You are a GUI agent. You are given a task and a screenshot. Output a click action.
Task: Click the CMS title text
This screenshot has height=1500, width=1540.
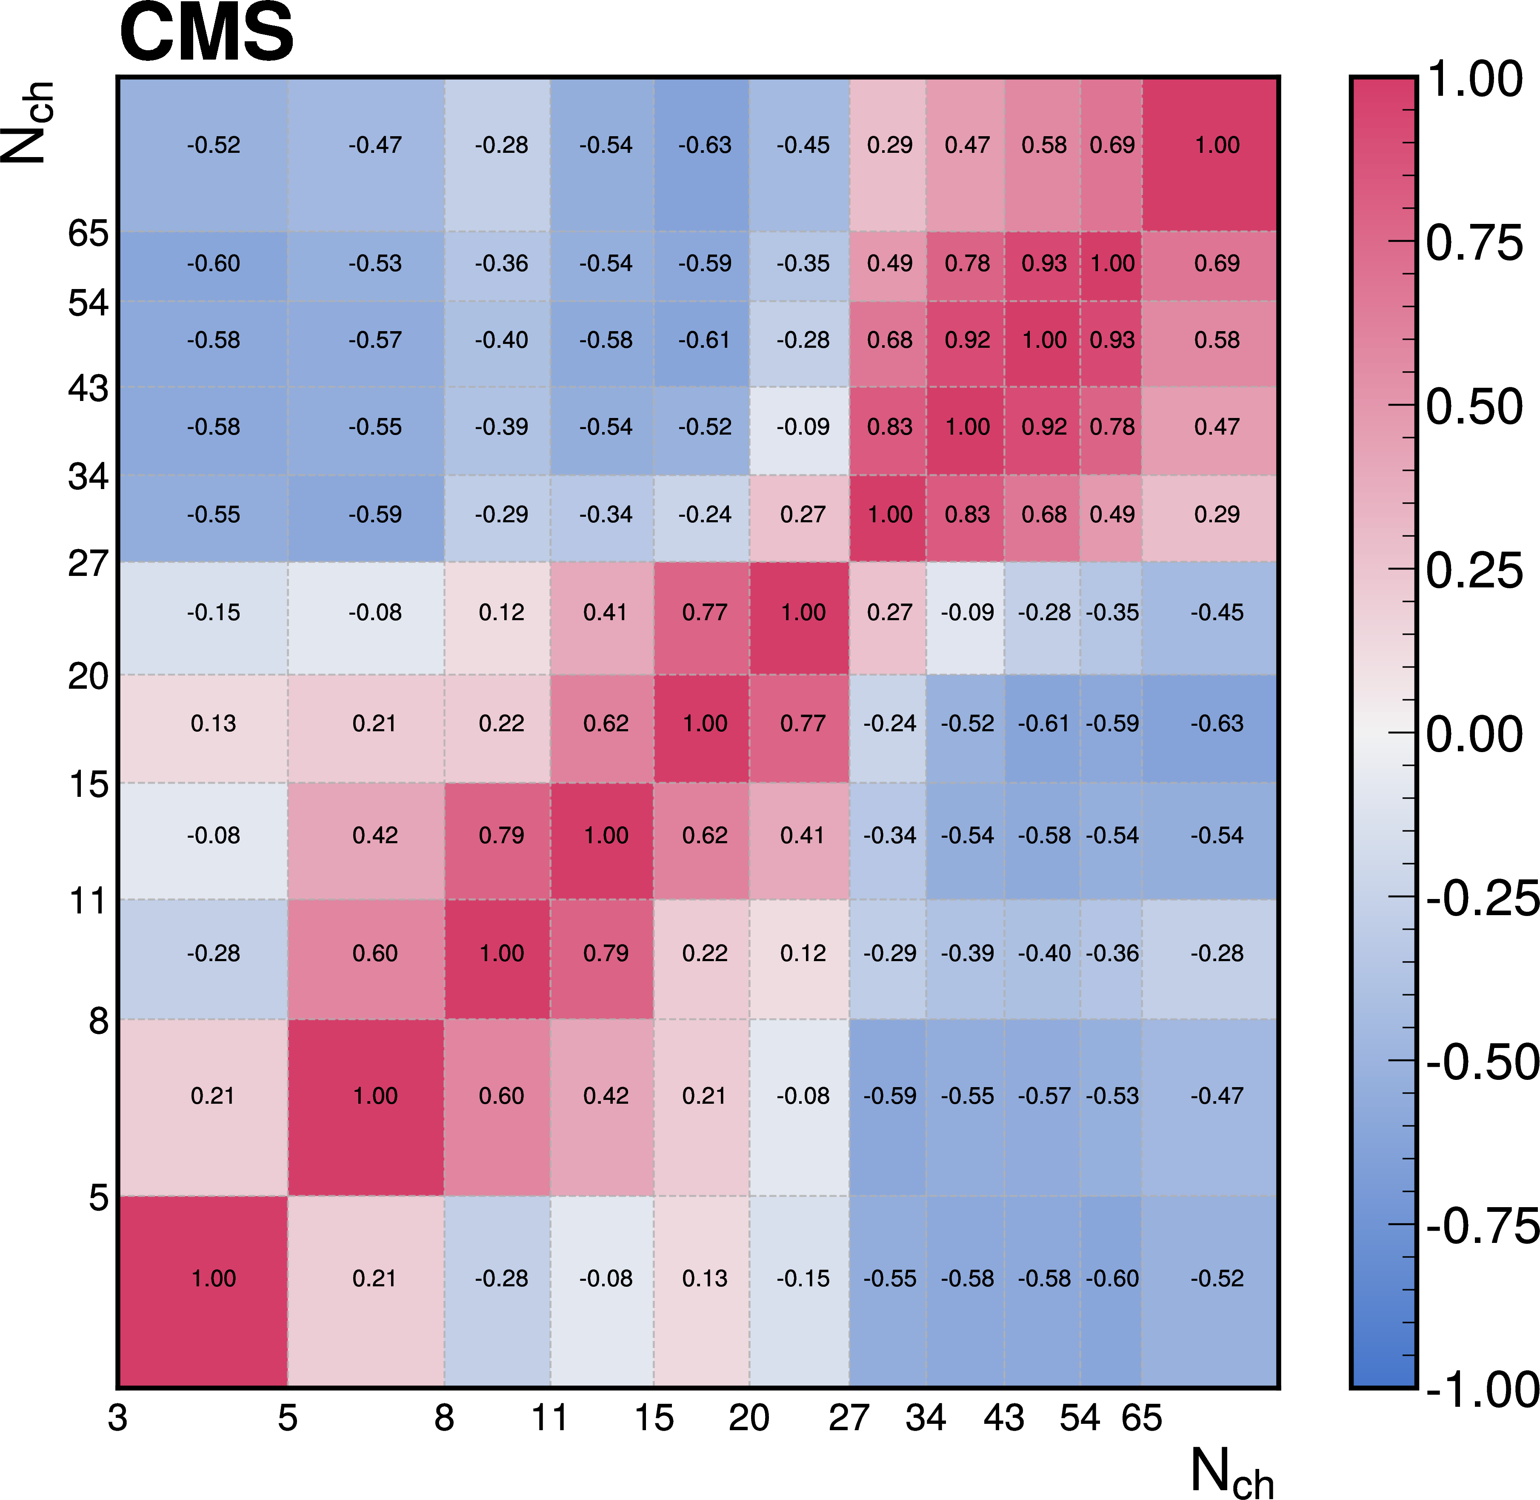[x=206, y=33]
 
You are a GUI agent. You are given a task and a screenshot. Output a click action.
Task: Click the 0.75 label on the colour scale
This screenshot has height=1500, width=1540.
[x=1474, y=243]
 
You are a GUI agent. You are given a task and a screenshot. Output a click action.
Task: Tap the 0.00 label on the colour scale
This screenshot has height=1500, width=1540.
[x=1474, y=734]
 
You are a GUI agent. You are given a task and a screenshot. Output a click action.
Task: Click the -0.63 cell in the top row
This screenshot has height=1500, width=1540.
[x=704, y=145]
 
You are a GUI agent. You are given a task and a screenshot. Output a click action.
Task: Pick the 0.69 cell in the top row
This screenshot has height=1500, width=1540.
[x=1111, y=145]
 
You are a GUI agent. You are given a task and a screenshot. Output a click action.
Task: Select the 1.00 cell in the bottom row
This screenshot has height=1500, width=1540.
[x=214, y=1278]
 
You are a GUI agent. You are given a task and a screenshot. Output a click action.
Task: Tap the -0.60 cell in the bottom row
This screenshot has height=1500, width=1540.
[x=1111, y=1278]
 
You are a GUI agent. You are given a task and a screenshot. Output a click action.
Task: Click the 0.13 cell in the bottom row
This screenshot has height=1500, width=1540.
[x=704, y=1278]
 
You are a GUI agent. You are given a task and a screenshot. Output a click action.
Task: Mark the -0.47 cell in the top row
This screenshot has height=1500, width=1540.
[x=375, y=145]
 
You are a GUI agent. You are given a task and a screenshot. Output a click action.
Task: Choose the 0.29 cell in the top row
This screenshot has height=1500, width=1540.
[x=889, y=145]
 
